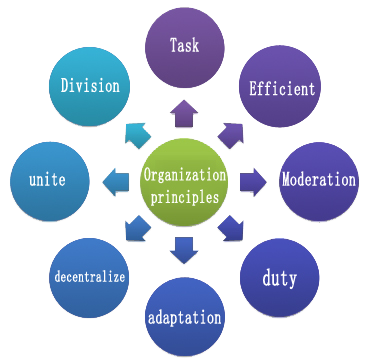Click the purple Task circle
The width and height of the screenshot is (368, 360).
tap(183, 46)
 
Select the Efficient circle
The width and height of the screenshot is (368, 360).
tap(282, 88)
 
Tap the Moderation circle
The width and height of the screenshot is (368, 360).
tap(318, 182)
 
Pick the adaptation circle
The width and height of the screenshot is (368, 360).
tap(185, 317)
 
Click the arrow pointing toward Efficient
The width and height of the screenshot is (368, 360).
tap(231, 131)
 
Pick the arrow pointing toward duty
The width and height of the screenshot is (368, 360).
tap(233, 228)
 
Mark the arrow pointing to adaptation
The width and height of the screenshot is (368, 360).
tap(184, 249)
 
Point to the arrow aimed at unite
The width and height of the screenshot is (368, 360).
tap(113, 181)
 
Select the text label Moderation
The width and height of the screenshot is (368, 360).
tap(318, 182)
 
